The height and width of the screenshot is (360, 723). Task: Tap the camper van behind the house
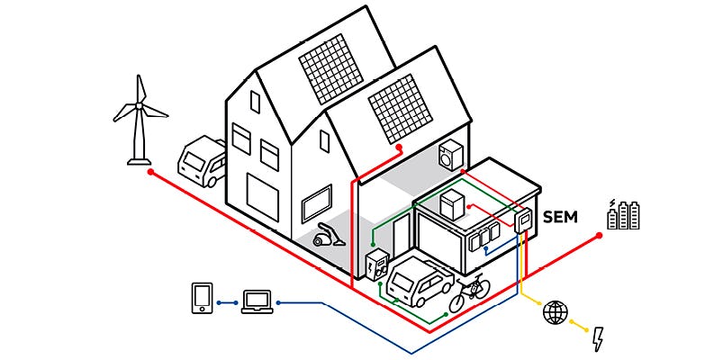(202, 161)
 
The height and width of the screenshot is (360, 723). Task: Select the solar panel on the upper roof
(332, 67)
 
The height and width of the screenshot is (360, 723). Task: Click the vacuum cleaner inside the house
(327, 236)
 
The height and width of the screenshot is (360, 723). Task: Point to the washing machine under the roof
(449, 156)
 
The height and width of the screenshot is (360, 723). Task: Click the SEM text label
(560, 217)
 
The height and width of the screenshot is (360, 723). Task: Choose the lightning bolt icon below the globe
(598, 338)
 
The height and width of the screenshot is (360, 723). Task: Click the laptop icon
(257, 301)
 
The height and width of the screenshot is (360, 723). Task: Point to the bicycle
(470, 292)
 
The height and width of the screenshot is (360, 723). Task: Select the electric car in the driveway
(419, 278)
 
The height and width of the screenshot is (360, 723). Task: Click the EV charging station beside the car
(377, 266)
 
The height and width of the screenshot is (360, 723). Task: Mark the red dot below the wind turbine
(150, 171)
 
